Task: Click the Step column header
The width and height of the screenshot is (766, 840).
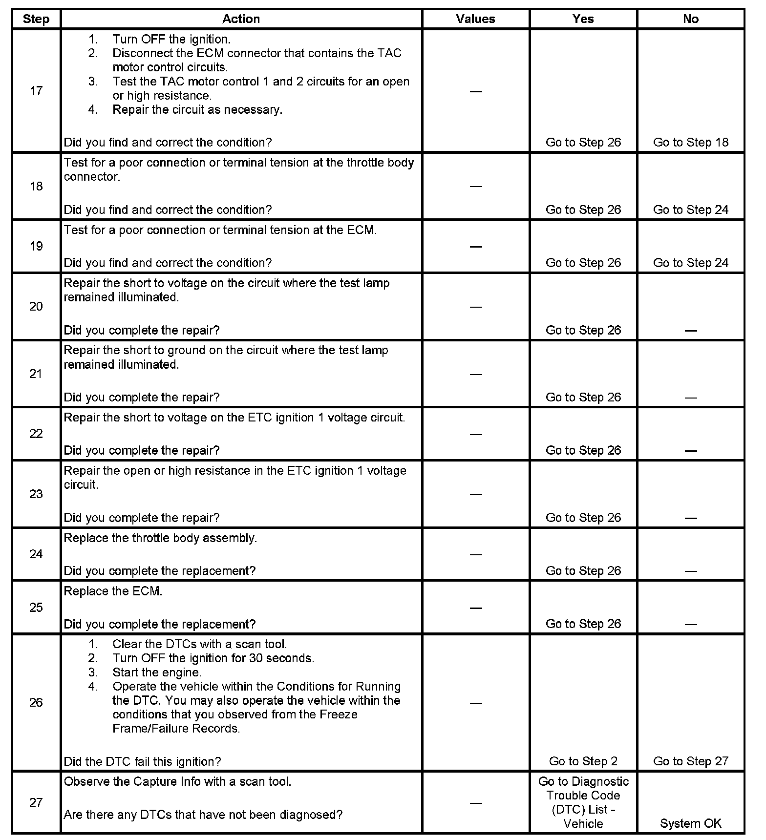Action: coord(36,19)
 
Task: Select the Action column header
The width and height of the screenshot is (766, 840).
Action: coord(241,19)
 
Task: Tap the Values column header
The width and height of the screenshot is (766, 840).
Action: coord(475,19)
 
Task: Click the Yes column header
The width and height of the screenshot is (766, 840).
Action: coord(583,19)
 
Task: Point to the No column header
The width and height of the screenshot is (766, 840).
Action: coord(690,19)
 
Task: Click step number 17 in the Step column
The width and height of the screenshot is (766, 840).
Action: coord(36,91)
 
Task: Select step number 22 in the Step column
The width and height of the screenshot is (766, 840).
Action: coord(36,434)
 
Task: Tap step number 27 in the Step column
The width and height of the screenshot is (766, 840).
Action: coord(36,802)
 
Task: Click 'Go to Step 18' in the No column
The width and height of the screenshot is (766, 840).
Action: coord(690,142)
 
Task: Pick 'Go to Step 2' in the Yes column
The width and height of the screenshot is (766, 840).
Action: coord(583,761)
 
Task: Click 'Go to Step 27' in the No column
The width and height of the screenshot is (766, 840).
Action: coord(690,761)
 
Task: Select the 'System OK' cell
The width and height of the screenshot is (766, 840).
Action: coord(690,823)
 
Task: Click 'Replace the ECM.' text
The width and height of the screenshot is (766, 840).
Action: coord(113,591)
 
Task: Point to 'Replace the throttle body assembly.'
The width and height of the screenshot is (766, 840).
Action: coord(160,538)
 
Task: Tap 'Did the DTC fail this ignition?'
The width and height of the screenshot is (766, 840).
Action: coord(142,761)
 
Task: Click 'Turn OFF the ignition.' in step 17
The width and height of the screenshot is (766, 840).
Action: coord(171,39)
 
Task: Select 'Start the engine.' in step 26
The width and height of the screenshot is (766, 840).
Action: coord(156,672)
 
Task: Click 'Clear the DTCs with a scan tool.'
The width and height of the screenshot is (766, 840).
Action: coord(199,644)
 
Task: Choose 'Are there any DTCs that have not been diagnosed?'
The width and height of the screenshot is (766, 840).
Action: coord(203,815)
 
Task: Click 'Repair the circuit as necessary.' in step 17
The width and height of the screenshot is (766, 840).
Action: coord(197,109)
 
